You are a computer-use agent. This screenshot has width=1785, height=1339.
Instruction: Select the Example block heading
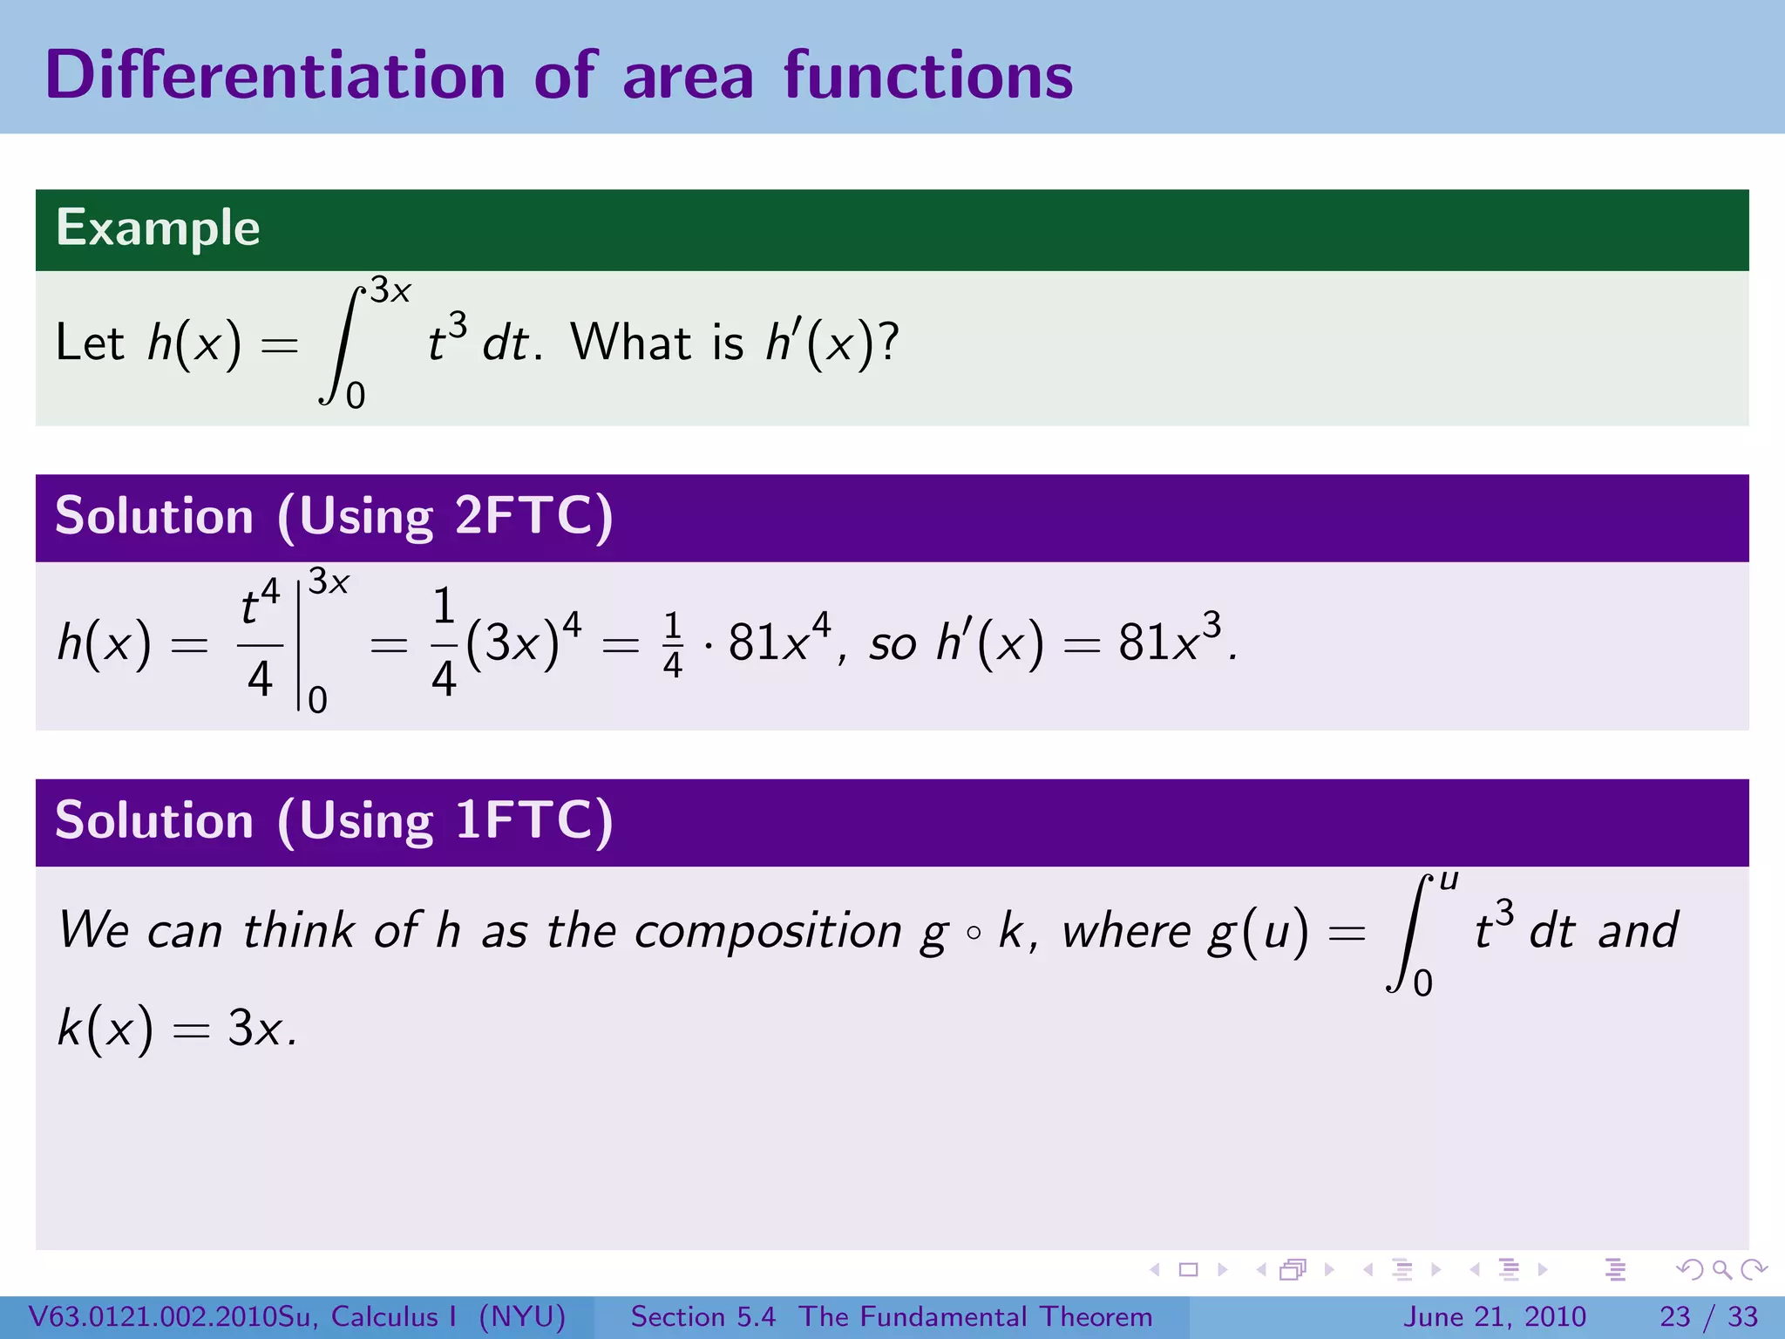coord(158,228)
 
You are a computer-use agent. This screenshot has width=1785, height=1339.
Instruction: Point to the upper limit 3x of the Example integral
coord(390,290)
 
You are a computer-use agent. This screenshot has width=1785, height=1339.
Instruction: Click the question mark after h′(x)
coord(889,342)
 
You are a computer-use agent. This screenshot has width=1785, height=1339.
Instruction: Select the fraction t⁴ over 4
coord(260,643)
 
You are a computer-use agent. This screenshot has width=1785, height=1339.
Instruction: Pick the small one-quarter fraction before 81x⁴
coord(672,645)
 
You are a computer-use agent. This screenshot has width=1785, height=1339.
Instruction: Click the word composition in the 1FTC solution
coord(768,931)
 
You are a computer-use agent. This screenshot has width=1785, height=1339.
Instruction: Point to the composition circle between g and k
coord(974,933)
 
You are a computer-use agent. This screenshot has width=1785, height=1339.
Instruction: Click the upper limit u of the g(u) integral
coord(1448,880)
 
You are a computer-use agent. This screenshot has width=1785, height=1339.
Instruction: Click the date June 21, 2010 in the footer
coord(1494,1316)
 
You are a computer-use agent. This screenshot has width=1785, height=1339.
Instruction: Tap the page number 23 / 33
coord(1708,1316)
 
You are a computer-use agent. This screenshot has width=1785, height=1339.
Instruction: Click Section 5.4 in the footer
coord(702,1316)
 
